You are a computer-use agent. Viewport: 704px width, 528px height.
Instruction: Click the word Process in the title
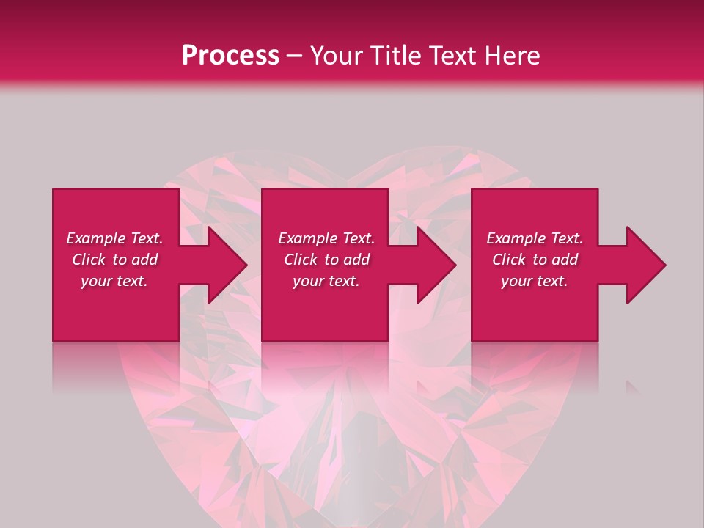[230, 56]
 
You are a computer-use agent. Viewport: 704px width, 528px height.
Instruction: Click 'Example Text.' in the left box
[114, 238]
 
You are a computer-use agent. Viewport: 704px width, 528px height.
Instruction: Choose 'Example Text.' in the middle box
[326, 238]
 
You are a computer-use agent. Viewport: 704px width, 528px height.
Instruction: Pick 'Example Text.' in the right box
[535, 238]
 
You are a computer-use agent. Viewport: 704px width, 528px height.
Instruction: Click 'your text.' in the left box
[114, 281]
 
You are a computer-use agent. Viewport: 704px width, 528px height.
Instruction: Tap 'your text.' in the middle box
[326, 281]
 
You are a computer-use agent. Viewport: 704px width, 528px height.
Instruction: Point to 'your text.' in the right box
[535, 281]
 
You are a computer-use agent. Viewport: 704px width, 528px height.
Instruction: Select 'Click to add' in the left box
[114, 260]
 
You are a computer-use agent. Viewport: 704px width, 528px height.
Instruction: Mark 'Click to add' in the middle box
[326, 260]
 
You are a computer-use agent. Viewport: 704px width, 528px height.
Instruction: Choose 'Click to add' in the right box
[535, 260]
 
